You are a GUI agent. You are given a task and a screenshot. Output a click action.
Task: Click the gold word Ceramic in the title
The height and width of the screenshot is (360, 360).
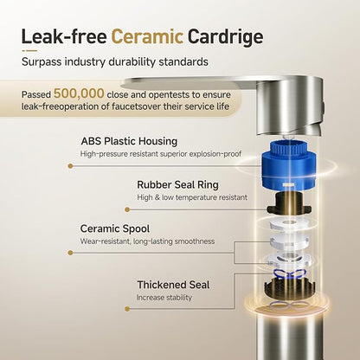[x=147, y=36]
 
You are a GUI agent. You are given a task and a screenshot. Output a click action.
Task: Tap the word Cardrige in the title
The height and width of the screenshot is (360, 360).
[x=225, y=38]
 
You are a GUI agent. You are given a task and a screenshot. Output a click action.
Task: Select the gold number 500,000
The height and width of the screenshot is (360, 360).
[x=79, y=93]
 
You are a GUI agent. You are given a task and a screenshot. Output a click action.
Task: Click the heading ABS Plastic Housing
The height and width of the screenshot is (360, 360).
[x=129, y=141]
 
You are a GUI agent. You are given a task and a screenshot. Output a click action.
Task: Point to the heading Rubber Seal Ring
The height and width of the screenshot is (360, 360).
[x=177, y=185]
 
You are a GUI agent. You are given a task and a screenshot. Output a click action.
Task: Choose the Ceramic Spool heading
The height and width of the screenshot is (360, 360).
[x=115, y=228]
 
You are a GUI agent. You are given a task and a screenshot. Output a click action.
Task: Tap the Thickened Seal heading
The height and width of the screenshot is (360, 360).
[x=173, y=285]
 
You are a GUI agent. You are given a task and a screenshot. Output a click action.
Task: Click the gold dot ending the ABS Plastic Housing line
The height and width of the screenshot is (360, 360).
[x=70, y=166]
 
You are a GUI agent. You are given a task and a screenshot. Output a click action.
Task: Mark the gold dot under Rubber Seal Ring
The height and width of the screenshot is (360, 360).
[x=127, y=209]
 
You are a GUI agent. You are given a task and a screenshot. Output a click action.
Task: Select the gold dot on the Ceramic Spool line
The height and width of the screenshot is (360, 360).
[x=70, y=253]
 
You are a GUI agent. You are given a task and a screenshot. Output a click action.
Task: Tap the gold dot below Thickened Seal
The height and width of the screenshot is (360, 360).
[x=127, y=309]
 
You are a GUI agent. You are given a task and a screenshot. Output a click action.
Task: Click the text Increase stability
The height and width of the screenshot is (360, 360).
[x=164, y=298]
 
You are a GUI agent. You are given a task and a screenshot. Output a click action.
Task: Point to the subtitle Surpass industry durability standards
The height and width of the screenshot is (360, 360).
[x=115, y=62]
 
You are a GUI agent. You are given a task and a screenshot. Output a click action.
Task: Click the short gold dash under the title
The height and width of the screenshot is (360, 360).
[x=29, y=51]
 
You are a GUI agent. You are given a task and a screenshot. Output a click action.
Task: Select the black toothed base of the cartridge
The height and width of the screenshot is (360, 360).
[x=290, y=288]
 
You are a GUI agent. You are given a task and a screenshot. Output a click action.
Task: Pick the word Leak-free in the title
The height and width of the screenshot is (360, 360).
[x=64, y=36]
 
